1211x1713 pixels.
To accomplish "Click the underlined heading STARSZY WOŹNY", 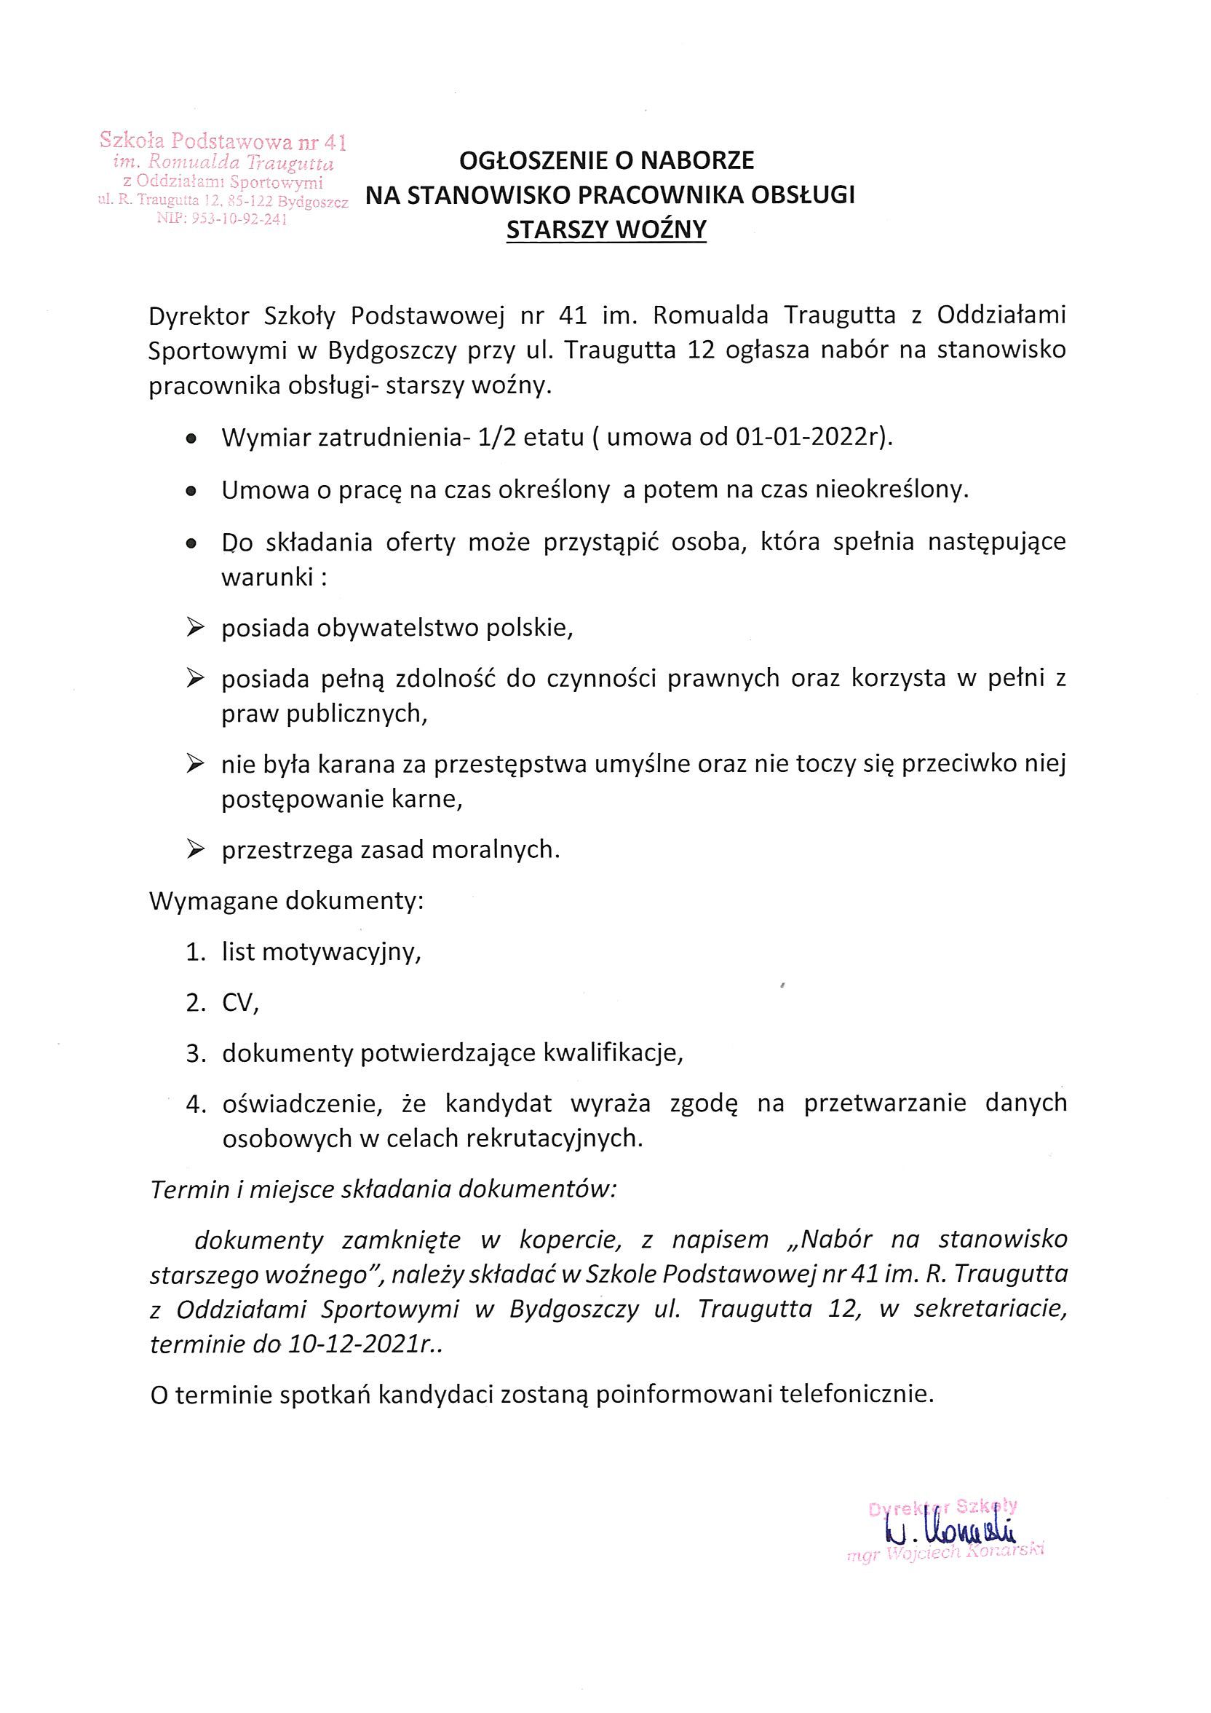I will click(605, 231).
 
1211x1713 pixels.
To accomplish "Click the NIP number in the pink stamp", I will click(221, 219).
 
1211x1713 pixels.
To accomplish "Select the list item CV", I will click(240, 1004).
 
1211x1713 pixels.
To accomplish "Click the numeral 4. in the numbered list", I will click(195, 1105).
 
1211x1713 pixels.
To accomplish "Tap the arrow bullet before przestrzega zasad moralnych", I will click(195, 849).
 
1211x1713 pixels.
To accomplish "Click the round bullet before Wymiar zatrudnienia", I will click(191, 439).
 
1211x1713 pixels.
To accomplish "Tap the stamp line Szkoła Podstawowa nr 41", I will click(223, 141).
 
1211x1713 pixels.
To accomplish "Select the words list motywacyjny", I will click(322, 952).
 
